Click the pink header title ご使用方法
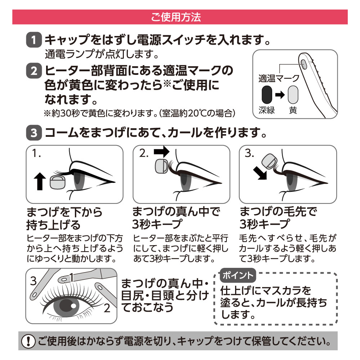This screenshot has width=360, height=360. tap(176, 17)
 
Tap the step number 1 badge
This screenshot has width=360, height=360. tap(34, 40)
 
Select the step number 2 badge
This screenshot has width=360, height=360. tap(34, 71)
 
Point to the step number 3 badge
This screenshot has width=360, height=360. tap(34, 132)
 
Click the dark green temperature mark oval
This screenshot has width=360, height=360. tap(267, 95)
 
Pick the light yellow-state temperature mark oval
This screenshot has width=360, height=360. tap(293, 95)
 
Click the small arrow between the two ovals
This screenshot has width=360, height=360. tap(280, 95)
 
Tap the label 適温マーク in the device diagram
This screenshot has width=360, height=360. tap(279, 78)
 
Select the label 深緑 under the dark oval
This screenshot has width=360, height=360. tap(267, 111)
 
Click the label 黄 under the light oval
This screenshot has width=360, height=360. tap(293, 111)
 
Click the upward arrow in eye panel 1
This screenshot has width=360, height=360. tap(40, 181)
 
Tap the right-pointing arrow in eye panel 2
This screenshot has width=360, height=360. tap(162, 152)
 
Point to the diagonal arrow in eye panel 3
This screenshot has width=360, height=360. tap(260, 173)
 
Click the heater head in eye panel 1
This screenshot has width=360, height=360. tap(58, 182)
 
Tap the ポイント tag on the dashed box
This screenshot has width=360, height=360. tap(238, 275)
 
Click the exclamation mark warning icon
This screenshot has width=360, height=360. tap(28, 341)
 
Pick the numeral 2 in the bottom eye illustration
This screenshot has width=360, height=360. tap(107, 308)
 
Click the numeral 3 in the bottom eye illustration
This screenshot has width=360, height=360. tap(33, 281)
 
